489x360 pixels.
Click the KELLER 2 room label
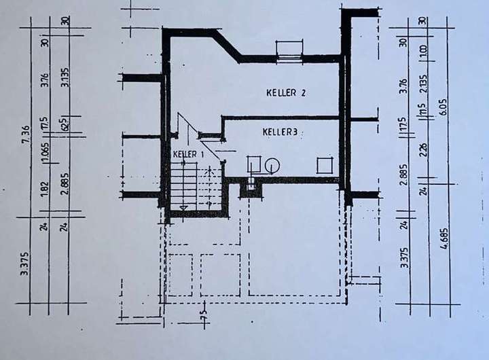(285, 92)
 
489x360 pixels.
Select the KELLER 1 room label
(188, 155)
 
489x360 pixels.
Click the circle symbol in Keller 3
(272, 165)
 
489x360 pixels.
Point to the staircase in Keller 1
(187, 185)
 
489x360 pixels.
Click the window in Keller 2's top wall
(289, 50)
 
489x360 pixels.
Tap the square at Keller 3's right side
(325, 165)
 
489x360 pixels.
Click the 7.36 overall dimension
(25, 133)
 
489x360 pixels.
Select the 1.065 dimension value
(44, 153)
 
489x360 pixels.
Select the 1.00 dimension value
(422, 50)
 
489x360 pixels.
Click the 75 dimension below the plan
(202, 313)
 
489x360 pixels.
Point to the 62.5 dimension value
(64, 125)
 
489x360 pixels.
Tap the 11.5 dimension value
(422, 111)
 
